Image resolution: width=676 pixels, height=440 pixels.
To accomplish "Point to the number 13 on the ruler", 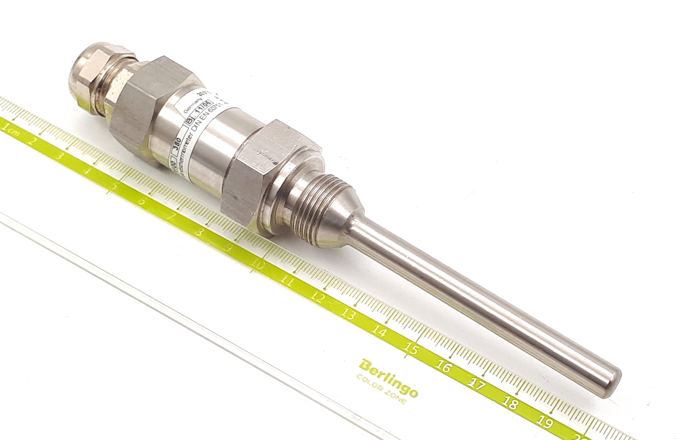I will coord(348,314).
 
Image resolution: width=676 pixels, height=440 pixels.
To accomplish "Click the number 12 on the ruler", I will coord(318,297).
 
